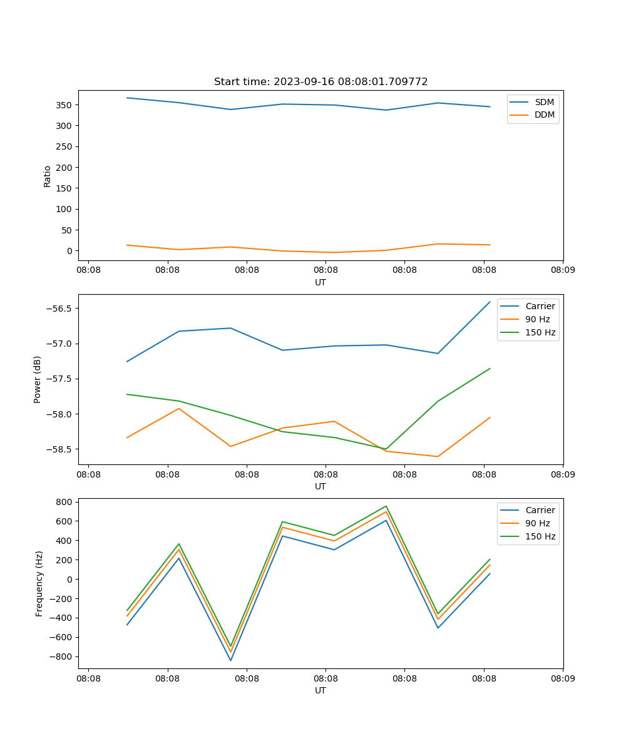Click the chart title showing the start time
pyautogui.click(x=321, y=81)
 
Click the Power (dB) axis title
pyautogui.click(x=38, y=379)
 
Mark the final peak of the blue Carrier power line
pyautogui.click(x=490, y=302)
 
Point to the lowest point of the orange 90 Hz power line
pyautogui.click(x=438, y=457)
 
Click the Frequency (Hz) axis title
pyautogui.click(x=39, y=583)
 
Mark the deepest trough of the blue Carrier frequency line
pyautogui.click(x=230, y=661)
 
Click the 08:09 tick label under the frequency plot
pyautogui.click(x=563, y=678)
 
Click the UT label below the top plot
pyautogui.click(x=321, y=282)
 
